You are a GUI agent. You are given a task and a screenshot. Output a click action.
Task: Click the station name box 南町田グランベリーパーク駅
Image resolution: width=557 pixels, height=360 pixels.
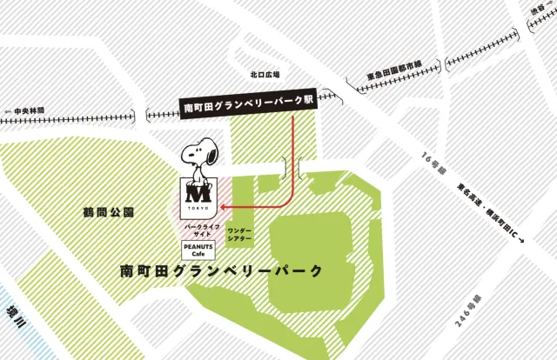[x=249, y=109]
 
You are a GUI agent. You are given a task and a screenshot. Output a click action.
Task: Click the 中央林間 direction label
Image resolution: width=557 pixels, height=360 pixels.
[x=29, y=110]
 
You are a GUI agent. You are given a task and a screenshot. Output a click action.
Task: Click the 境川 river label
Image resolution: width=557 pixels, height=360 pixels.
[x=11, y=305]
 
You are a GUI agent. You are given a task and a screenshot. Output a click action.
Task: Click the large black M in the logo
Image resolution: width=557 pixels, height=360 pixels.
[x=198, y=191]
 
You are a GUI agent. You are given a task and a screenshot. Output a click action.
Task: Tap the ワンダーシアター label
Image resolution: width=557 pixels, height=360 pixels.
[x=240, y=233]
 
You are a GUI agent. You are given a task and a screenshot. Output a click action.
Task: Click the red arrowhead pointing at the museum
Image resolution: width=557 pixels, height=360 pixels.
[x=221, y=207]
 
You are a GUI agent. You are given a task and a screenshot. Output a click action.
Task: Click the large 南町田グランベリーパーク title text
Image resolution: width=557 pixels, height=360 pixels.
[x=222, y=270]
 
